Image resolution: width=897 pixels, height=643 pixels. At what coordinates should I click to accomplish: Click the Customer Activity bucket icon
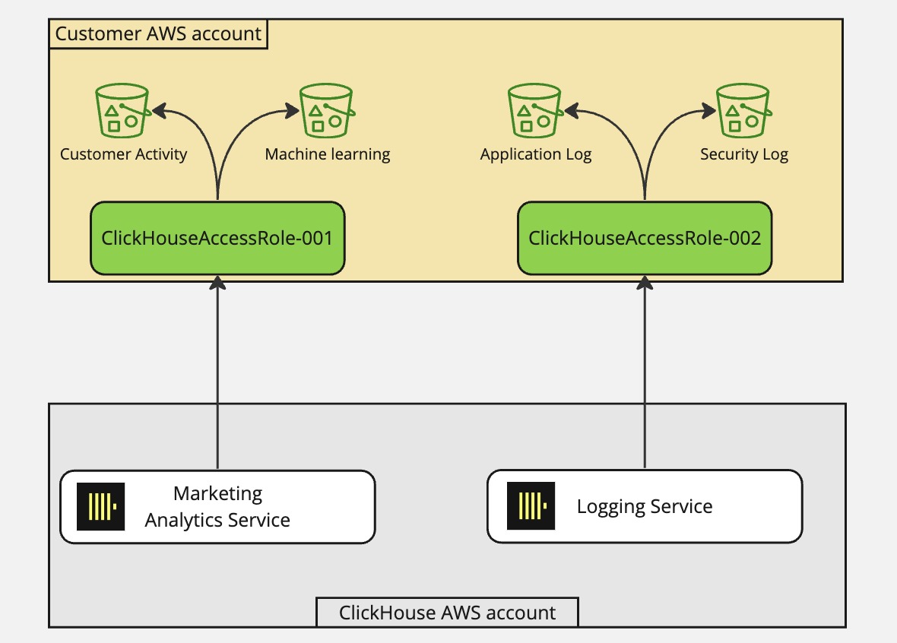point(122,111)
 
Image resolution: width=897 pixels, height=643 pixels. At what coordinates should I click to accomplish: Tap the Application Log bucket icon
point(534,111)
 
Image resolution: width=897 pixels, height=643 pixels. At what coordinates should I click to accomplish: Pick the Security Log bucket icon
point(743,111)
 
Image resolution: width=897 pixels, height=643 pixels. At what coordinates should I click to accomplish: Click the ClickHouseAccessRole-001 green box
point(217,238)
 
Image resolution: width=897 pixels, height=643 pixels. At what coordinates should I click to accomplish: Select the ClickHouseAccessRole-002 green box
point(645,238)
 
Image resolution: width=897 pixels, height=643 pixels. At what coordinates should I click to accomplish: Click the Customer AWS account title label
point(158,34)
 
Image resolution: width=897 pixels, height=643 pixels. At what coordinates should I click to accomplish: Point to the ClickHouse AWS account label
point(447,613)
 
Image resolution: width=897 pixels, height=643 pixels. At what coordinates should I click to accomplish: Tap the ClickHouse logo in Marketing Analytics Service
point(100,506)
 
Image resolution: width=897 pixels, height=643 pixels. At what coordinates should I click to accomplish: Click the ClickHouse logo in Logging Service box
point(531,506)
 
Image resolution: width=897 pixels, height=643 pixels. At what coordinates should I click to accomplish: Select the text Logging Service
point(645,506)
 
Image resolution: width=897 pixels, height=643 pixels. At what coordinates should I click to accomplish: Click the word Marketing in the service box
point(217,493)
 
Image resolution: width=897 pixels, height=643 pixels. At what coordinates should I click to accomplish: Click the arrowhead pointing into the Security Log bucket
point(708,111)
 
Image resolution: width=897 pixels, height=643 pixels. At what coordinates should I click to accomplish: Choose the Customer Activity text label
point(123,154)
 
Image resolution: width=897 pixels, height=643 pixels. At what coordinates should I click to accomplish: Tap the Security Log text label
point(743,154)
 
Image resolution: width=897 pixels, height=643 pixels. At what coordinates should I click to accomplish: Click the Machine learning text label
point(328,154)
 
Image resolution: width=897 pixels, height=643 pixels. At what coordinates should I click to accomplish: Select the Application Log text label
point(535,154)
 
